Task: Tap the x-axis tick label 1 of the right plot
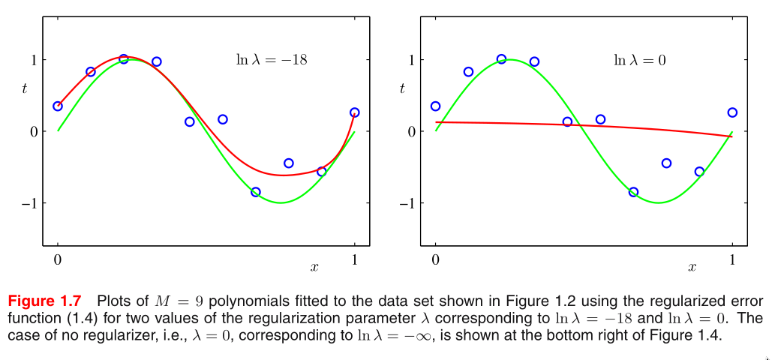[x=732, y=259]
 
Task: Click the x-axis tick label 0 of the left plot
[x=58, y=259]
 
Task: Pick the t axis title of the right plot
[x=402, y=88]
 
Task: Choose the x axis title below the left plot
[x=314, y=266]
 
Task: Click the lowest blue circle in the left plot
[x=256, y=192]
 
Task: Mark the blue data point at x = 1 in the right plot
[x=732, y=112]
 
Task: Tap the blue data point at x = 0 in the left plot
[x=58, y=106]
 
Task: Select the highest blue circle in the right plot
[x=501, y=58]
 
